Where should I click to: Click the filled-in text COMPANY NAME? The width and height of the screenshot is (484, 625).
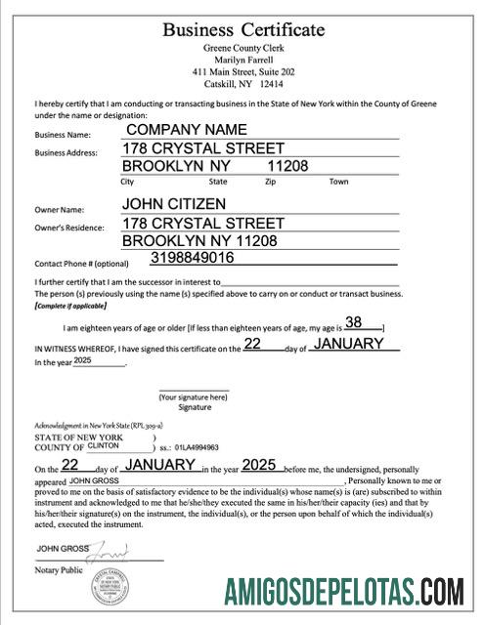point(186,129)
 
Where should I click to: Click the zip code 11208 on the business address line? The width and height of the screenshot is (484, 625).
point(287,166)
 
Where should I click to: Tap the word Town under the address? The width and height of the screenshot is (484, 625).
point(338,182)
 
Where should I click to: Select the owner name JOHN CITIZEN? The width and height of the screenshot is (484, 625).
point(174,204)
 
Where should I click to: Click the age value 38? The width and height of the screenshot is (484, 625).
point(354,322)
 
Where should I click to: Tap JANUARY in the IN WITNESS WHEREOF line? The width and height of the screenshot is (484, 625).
point(355,345)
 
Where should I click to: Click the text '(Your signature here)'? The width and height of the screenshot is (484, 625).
point(194,397)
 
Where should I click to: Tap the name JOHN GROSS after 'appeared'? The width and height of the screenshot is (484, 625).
point(94,480)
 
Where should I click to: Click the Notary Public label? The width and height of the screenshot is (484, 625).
point(59,569)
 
